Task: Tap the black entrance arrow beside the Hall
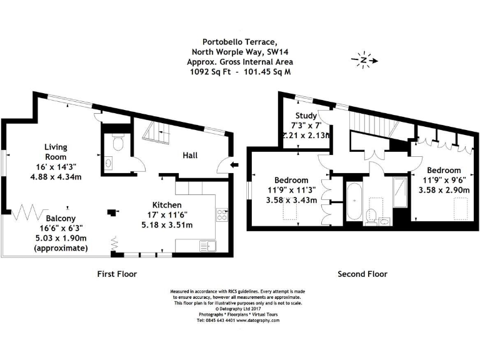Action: tap(234, 165)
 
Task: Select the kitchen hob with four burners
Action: tap(222, 216)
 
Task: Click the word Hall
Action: tap(191, 155)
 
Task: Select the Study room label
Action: tap(306, 116)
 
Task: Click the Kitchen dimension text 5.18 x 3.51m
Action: tap(167, 225)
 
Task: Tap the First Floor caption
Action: tap(117, 274)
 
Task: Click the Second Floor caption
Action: tap(362, 274)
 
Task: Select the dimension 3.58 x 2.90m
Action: tap(444, 189)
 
